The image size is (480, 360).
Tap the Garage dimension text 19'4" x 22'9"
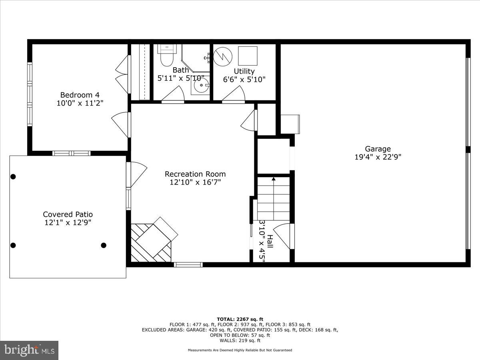click(378, 157)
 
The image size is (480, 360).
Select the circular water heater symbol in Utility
click(223, 57)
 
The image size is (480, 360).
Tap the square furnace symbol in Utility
click(248, 56)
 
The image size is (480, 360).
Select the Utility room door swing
click(234, 95)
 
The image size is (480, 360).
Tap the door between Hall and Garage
click(285, 236)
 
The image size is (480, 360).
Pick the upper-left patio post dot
click(13, 176)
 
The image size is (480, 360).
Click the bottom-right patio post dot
click(104, 245)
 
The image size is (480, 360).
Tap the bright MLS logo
click(29, 350)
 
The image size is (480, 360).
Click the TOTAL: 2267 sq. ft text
click(240, 319)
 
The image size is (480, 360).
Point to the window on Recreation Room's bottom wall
click(188, 264)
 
